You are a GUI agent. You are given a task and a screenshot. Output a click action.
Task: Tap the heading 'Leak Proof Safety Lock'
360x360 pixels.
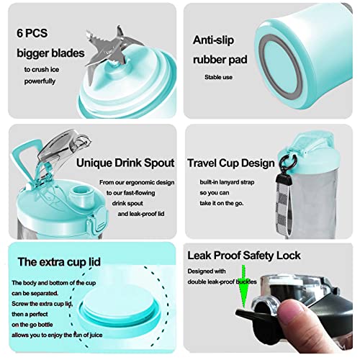[x=253, y=255]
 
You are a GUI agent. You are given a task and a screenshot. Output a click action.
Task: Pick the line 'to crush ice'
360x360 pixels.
[x=39, y=69]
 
